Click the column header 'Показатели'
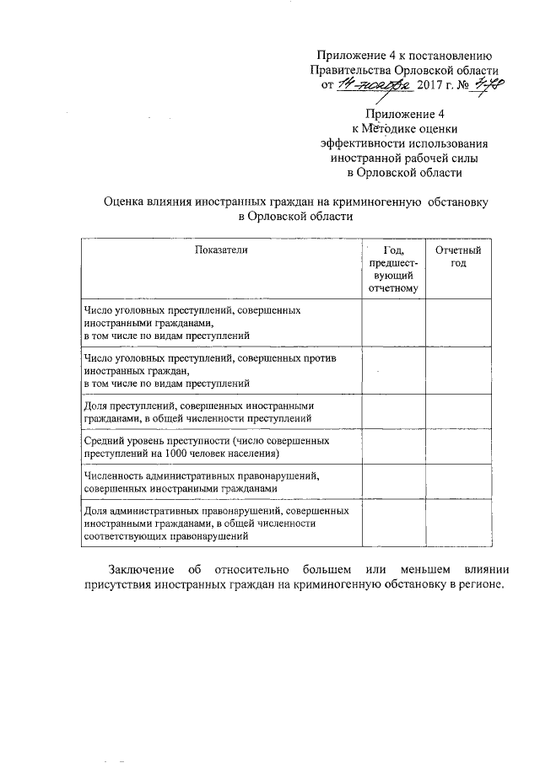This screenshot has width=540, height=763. click(x=222, y=250)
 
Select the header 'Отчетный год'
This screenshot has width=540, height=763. click(x=457, y=257)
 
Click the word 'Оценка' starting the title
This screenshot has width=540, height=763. click(x=125, y=202)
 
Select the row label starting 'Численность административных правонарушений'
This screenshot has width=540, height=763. click(x=201, y=481)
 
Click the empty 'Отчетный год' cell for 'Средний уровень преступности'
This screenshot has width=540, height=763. click(x=457, y=447)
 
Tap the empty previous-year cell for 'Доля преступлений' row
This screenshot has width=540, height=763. click(x=393, y=411)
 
